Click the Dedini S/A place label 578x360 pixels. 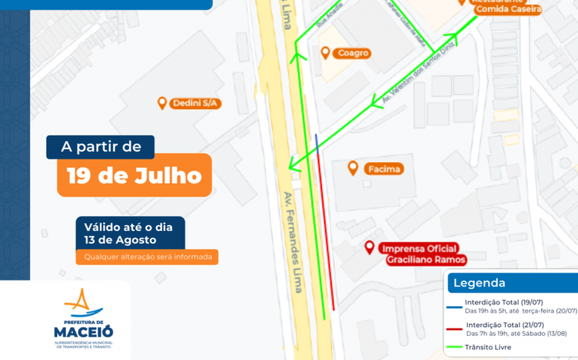[x=197, y=103]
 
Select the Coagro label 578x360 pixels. [x=353, y=53]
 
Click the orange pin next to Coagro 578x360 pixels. [x=325, y=52]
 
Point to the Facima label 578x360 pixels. [x=384, y=169]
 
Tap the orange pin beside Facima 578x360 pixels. [x=353, y=167]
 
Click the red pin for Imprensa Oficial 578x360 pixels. [x=369, y=247]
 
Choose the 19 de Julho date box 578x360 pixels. [x=134, y=175]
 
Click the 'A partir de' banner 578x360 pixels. [x=101, y=147]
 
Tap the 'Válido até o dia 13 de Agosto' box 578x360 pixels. [x=130, y=233]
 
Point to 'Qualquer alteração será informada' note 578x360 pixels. [x=147, y=257]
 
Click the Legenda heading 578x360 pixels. [x=479, y=283]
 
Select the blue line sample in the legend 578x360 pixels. [x=454, y=306]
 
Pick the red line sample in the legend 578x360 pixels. [x=454, y=327]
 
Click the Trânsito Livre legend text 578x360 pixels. [x=488, y=347]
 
